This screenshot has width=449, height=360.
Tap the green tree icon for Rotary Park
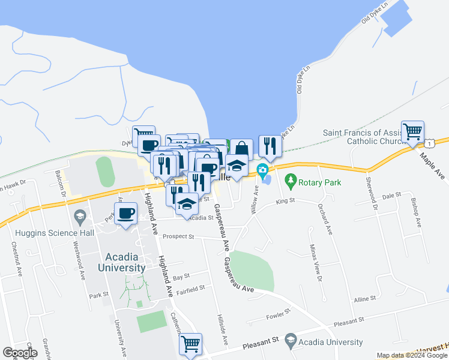point(291,179)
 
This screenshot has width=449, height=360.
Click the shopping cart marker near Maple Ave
point(413,132)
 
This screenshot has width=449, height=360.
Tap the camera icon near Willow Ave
point(262,171)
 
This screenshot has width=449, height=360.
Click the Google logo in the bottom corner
point(20,353)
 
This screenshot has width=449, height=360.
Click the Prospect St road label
point(179,236)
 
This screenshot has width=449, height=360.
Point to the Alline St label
point(364,298)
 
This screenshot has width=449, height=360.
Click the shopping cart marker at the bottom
point(190,344)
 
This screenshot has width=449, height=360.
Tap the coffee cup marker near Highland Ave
point(126,214)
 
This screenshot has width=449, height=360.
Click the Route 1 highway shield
point(430,143)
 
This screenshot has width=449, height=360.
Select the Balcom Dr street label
point(61,187)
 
